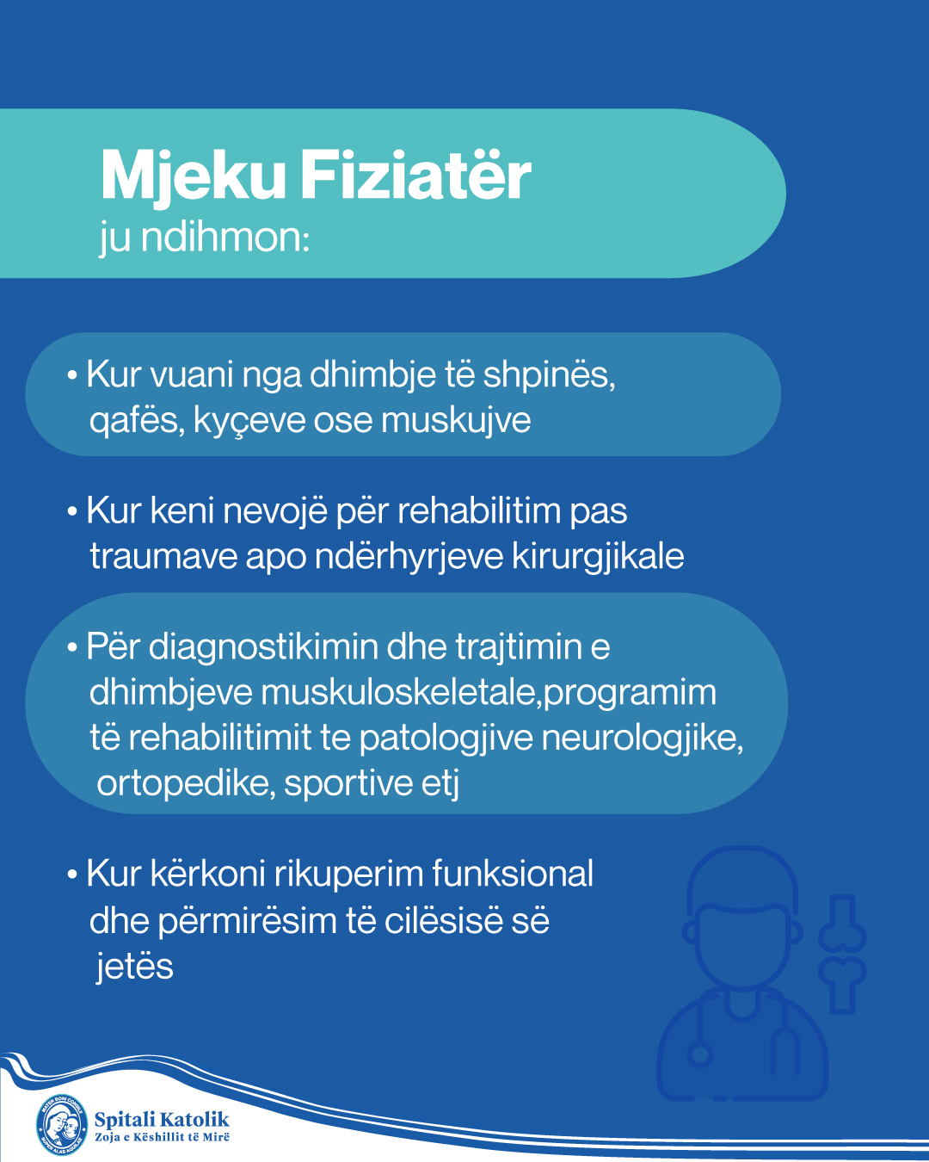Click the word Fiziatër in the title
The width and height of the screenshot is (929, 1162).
pyautogui.click(x=415, y=176)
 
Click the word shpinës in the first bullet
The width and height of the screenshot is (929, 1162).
pyautogui.click(x=549, y=376)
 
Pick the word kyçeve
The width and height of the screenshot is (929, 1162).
pyautogui.click(x=250, y=422)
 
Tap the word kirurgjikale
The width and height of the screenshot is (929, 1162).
pyautogui.click(x=598, y=557)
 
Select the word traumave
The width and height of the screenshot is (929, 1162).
pyautogui.click(x=163, y=557)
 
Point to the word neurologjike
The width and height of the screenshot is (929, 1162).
pyautogui.click(x=643, y=739)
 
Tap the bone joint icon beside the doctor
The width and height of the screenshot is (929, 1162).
pyautogui.click(x=842, y=954)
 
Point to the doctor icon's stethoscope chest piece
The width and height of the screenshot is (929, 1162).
pyautogui.click(x=700, y=1055)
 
